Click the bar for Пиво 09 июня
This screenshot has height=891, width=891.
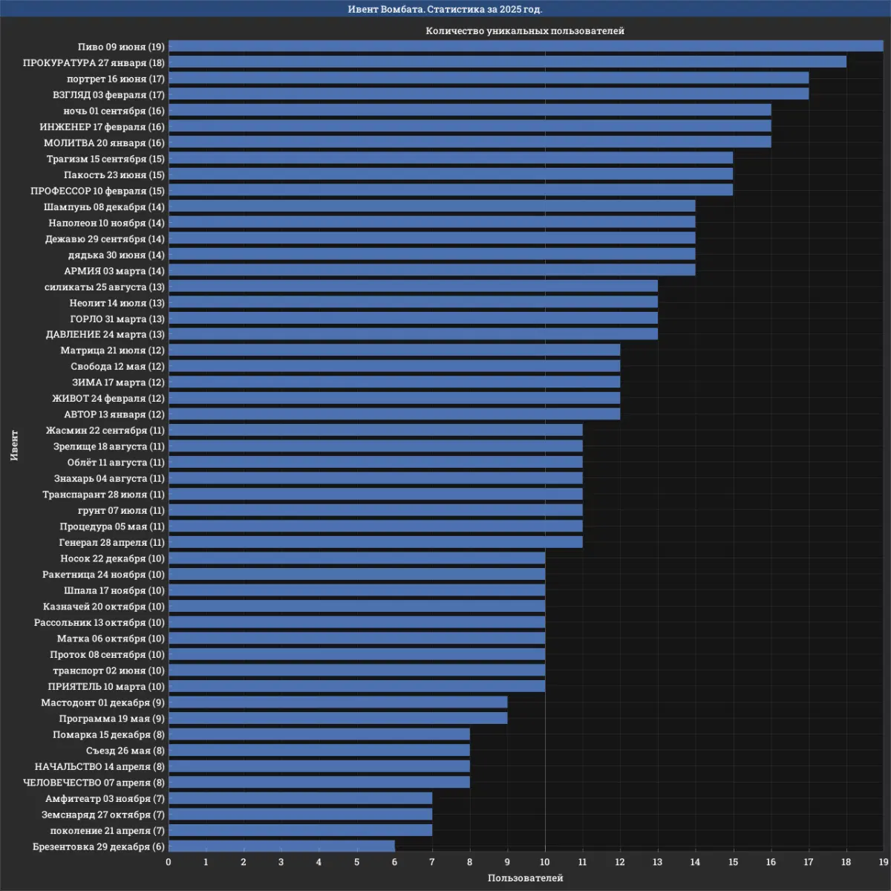[526, 46]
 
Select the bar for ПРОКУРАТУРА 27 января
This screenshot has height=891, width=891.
[507, 62]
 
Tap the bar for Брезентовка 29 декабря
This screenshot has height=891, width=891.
[281, 846]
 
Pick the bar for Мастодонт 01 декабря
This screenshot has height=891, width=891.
[338, 702]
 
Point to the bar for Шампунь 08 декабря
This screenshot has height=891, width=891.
[431, 206]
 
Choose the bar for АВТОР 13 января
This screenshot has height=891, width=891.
[394, 414]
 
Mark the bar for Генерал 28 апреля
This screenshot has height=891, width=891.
[375, 542]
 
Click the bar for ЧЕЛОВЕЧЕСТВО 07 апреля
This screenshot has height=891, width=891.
[319, 782]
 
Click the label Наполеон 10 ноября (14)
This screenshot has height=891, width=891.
[107, 223]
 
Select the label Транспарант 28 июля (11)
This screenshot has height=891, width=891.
[103, 495]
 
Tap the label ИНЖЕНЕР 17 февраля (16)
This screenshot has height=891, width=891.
[102, 127]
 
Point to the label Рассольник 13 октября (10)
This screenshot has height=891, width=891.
[99, 622]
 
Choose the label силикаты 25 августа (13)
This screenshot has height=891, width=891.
[105, 287]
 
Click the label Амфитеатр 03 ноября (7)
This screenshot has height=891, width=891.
[105, 798]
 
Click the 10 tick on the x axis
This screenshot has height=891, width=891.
[545, 862]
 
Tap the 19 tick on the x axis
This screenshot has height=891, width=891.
[883, 862]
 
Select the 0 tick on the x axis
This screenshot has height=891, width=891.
[169, 862]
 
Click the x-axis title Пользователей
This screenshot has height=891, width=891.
[526, 878]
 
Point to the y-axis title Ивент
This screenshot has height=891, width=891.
[14, 445]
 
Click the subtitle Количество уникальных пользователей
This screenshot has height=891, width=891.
[525, 30]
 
